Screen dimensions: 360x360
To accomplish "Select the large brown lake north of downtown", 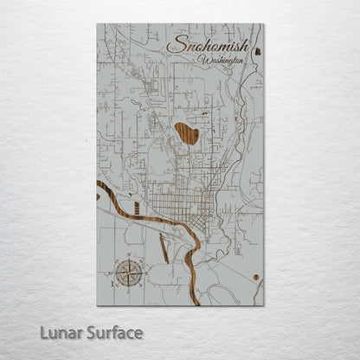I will [x=186, y=133].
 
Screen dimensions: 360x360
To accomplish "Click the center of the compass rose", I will [x=128, y=274].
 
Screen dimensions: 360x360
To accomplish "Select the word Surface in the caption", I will [x=113, y=332].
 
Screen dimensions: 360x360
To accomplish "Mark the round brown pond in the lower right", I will [x=257, y=277].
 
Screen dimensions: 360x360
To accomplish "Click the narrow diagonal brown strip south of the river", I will [x=163, y=248].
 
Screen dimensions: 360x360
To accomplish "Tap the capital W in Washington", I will [x=202, y=61].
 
